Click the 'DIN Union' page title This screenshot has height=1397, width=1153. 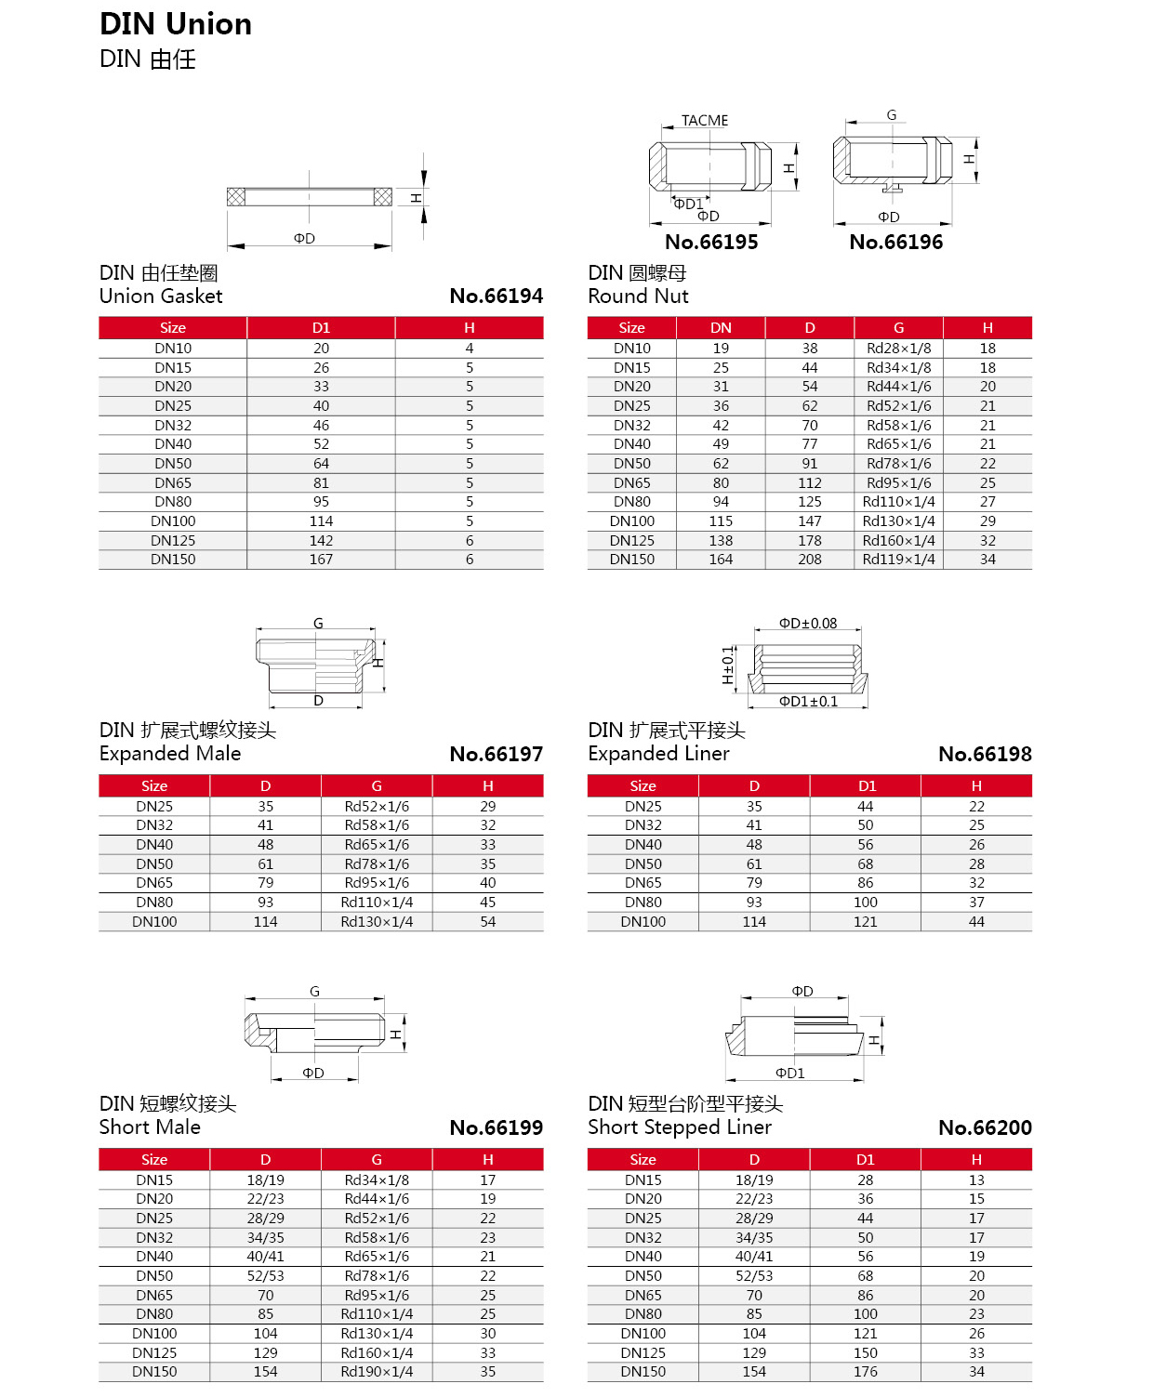point(176,24)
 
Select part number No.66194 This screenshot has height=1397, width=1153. point(496,297)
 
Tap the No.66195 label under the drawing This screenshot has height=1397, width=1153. point(711,243)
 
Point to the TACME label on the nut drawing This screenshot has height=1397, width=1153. point(705,121)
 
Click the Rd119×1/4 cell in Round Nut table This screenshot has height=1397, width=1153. point(898,560)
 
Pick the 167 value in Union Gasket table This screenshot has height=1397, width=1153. point(321,560)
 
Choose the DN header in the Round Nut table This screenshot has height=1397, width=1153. point(721,328)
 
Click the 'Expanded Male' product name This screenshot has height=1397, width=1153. point(170,754)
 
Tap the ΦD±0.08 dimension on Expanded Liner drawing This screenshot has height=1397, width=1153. point(808,624)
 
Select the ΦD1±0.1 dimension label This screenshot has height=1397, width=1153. point(808,702)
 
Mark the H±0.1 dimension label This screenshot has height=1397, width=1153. point(728,666)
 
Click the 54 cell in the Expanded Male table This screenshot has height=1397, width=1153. point(488,922)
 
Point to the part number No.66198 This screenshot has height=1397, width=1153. point(985,755)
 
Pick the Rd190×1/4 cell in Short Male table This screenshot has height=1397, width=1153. point(377,1372)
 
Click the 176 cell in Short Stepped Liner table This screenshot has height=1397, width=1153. point(866,1372)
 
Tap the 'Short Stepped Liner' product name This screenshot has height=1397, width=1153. point(680,1127)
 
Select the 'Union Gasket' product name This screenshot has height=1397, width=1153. point(161,297)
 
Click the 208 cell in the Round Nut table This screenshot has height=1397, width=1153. point(810,560)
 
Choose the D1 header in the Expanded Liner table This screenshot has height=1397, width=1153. point(866,786)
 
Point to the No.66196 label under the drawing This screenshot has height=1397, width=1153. point(896,243)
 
